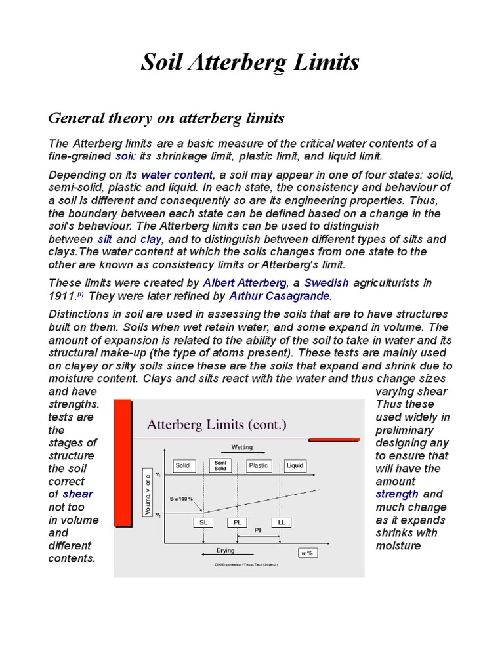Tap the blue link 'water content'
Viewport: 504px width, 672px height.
pos(177,175)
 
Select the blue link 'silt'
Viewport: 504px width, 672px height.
pos(105,240)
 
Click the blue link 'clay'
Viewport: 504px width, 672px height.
pos(151,240)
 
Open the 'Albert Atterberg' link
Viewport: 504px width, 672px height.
pos(245,283)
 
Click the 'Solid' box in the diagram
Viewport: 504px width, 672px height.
pos(182,466)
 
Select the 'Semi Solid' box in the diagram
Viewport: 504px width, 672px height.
pos(219,466)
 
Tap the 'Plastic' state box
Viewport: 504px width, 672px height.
pos(259,466)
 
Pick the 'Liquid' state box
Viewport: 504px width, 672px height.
pos(295,466)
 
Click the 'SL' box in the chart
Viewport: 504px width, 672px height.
pos(202,522)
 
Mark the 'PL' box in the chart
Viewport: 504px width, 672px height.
pos(237,522)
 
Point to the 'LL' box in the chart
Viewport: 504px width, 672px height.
pos(282,522)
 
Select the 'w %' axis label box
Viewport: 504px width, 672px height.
pos(306,553)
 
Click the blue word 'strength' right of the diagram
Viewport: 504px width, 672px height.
pos(396,494)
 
